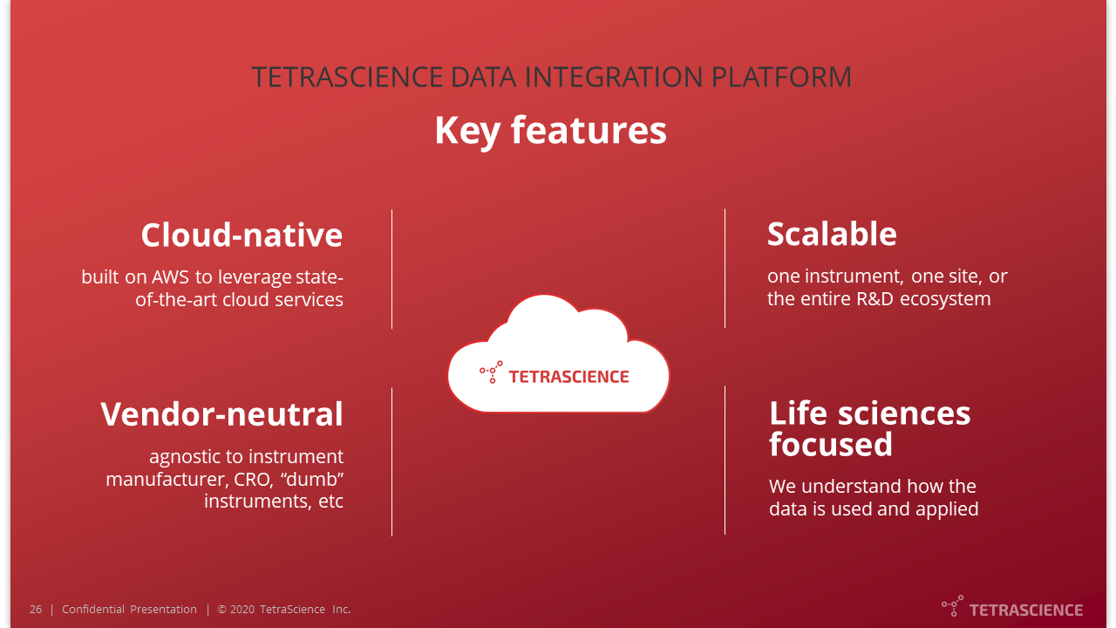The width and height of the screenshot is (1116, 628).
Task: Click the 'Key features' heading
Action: click(x=550, y=131)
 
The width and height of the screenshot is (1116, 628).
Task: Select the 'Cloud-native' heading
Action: click(x=242, y=235)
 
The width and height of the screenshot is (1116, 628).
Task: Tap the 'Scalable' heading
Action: click(x=832, y=235)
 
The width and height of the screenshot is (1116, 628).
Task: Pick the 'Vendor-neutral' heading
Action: click(x=221, y=413)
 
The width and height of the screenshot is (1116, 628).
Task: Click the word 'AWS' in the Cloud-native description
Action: click(x=171, y=277)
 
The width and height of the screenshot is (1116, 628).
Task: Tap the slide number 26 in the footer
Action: click(x=36, y=610)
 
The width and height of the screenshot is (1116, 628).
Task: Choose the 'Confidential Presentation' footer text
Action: click(x=129, y=610)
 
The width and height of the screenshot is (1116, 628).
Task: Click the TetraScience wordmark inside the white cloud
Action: click(x=568, y=377)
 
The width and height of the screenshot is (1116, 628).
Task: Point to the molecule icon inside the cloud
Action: click(x=491, y=372)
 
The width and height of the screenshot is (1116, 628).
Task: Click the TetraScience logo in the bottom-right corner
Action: click(x=1012, y=608)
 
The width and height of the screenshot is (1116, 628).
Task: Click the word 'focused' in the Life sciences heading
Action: click(x=830, y=445)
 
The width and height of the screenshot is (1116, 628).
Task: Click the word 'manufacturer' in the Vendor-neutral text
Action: click(x=167, y=479)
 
